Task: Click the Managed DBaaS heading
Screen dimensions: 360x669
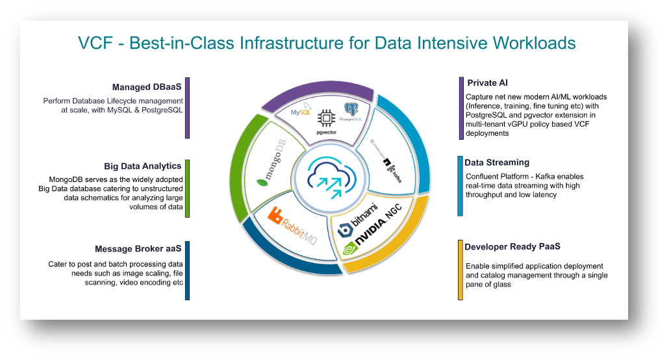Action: (147, 88)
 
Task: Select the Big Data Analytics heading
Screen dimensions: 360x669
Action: (143, 166)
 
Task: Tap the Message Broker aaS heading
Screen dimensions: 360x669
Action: (138, 249)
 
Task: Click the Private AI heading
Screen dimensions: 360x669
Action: (487, 83)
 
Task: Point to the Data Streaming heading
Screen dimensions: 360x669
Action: (497, 162)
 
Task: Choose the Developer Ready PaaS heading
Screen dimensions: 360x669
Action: (512, 247)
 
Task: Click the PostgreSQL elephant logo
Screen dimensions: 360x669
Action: (352, 111)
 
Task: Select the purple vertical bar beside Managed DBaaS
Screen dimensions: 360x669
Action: (187, 109)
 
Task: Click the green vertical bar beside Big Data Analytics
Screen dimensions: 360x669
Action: (187, 188)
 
